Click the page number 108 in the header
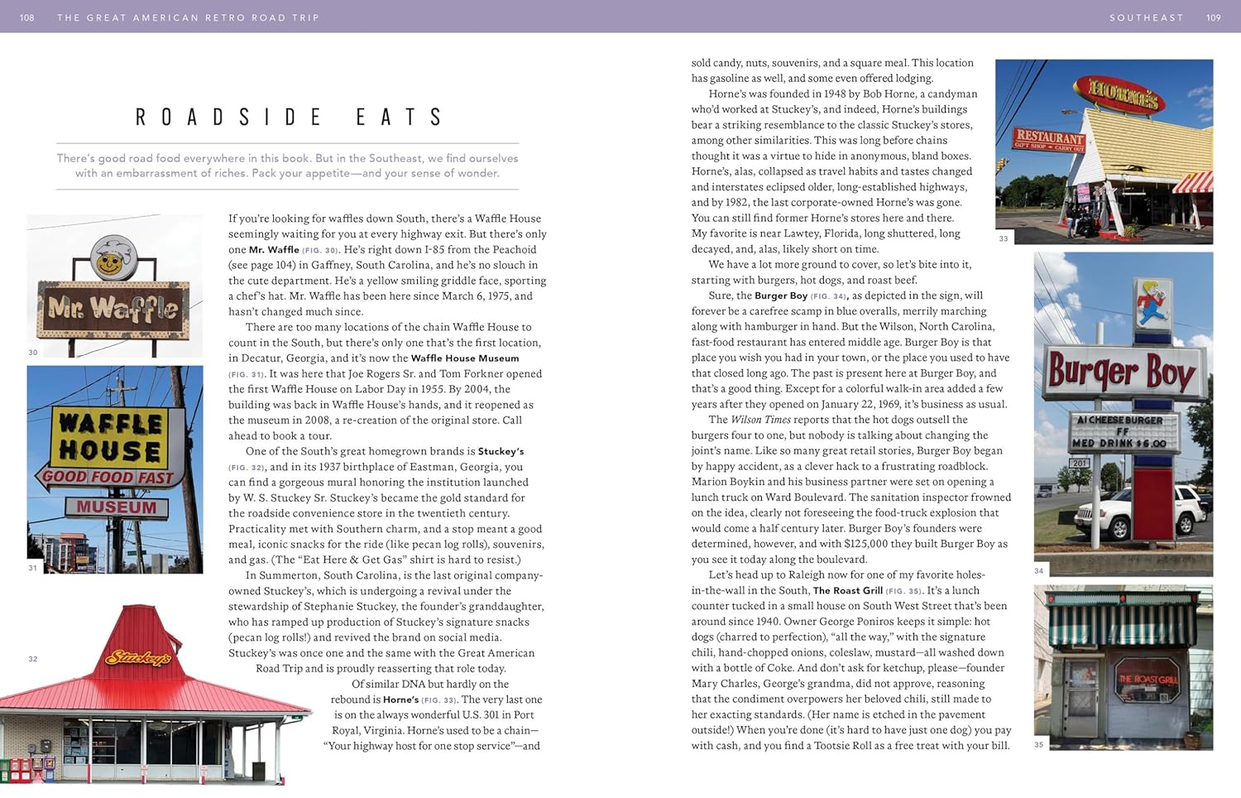[27, 17]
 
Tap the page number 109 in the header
[1213, 17]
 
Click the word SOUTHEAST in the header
[1146, 17]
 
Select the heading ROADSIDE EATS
[289, 118]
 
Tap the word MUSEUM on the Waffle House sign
[117, 507]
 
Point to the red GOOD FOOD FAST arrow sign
[105, 477]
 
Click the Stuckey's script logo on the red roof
[138, 658]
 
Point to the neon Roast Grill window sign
[1148, 679]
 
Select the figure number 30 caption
[33, 353]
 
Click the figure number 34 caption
[1039, 571]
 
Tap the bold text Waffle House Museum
[465, 358]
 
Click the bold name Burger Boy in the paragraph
[780, 296]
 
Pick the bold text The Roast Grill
[847, 590]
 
